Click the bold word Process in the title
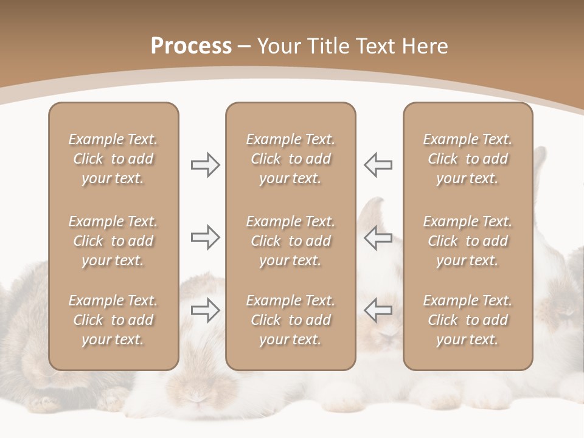point(191,46)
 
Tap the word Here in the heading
point(425,46)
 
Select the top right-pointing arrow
point(205,165)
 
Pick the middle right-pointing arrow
point(205,237)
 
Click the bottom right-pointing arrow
point(205,310)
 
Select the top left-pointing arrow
point(378,165)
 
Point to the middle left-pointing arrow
point(378,237)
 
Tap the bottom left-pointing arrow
point(378,310)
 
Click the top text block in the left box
point(113,159)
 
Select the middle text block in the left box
point(113,241)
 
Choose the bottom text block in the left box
point(113,320)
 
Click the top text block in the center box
point(290,159)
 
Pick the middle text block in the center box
point(290,241)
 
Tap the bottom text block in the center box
point(290,320)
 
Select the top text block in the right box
point(467,159)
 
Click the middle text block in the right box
point(467,241)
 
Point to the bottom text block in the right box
point(467,320)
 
